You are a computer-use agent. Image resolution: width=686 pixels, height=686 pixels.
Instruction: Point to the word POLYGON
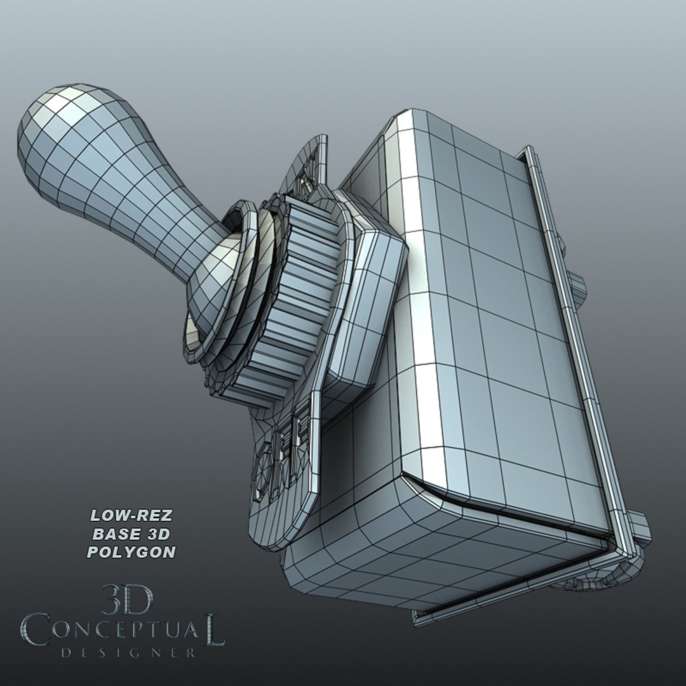click(x=131, y=552)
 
